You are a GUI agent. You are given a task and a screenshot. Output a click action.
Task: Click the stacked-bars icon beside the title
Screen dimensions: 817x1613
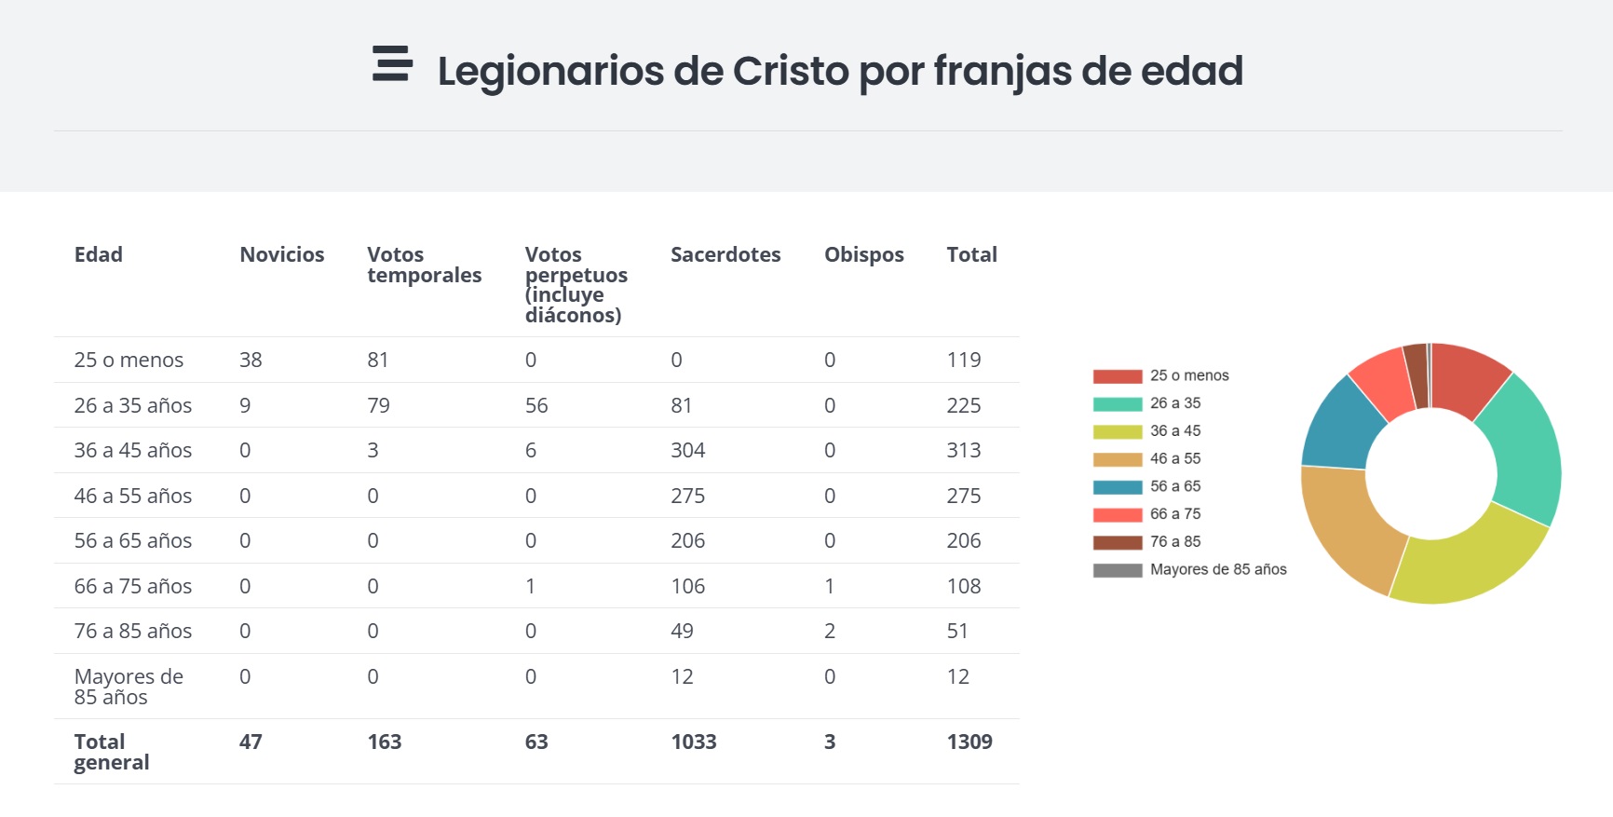point(392,63)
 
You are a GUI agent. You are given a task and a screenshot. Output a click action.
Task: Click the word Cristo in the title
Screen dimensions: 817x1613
point(791,71)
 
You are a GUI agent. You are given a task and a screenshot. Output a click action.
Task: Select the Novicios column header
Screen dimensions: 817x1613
point(281,254)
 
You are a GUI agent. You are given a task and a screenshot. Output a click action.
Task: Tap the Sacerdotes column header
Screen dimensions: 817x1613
point(725,254)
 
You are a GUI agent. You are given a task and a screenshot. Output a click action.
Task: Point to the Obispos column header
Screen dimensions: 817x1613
point(863,254)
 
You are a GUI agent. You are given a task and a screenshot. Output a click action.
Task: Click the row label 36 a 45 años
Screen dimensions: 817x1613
point(133,450)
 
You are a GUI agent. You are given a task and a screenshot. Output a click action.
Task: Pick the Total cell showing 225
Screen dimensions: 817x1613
point(963,405)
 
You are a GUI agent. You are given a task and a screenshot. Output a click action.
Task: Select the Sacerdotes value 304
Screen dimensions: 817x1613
point(687,450)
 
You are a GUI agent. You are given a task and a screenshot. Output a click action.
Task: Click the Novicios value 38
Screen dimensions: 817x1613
point(251,360)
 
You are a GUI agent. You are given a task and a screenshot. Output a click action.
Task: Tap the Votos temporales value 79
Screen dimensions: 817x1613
point(378,405)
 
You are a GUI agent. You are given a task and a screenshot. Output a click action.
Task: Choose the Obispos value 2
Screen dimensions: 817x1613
point(829,631)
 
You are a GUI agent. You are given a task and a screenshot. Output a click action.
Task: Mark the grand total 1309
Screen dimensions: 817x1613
point(969,742)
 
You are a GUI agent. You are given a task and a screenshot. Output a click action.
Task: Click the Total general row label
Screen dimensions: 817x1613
point(111,752)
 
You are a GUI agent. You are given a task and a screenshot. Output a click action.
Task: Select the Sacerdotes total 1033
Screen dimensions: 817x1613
point(694,742)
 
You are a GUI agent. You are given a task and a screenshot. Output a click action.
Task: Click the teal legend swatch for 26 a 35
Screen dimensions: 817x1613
point(1117,403)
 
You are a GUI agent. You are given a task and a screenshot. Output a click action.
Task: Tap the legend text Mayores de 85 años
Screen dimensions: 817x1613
point(1217,569)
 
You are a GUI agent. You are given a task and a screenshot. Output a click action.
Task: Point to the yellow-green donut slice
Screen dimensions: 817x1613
point(1471,559)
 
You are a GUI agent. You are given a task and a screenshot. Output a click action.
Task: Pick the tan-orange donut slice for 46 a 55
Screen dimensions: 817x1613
point(1349,526)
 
